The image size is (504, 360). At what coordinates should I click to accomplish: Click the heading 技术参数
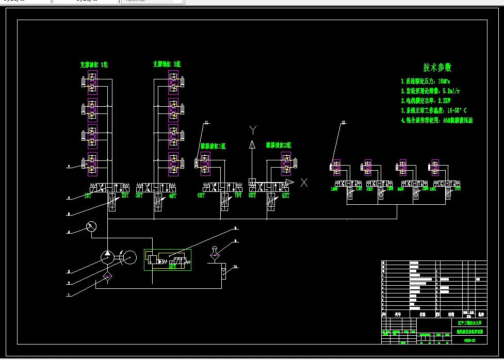(437, 68)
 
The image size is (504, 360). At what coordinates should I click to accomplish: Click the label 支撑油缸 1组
(93, 65)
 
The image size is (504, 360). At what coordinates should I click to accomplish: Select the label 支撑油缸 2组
(167, 64)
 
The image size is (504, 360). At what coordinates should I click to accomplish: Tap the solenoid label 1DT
(88, 196)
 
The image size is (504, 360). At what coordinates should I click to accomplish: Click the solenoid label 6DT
(201, 196)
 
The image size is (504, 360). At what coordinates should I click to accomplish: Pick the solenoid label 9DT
(285, 196)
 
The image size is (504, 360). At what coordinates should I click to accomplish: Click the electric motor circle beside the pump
(129, 257)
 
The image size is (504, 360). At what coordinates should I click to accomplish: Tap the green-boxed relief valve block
(167, 259)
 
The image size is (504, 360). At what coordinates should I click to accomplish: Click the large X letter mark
(304, 182)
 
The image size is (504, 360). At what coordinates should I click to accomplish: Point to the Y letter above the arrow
(253, 129)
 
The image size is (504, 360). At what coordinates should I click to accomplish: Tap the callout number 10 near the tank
(235, 267)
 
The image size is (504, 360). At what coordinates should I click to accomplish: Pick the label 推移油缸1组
(213, 146)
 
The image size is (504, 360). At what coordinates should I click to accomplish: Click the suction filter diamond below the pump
(107, 276)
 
